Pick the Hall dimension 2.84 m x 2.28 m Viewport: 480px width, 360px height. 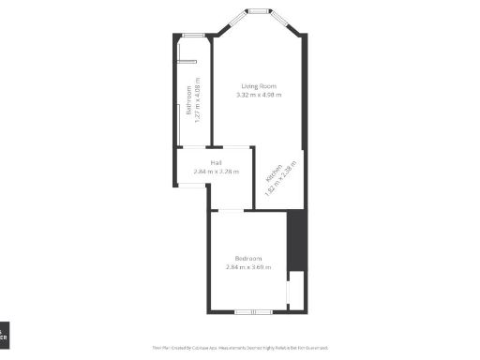(216, 172)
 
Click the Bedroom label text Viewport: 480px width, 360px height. (247, 259)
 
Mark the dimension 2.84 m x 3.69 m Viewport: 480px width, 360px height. (247, 267)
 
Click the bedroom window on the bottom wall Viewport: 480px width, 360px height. (247, 311)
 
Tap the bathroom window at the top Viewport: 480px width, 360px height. (194, 36)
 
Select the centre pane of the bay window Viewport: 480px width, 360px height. (256, 11)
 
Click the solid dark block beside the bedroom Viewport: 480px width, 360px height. (295, 238)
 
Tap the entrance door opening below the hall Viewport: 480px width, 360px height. (191, 186)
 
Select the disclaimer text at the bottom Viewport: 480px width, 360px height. (239, 347)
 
